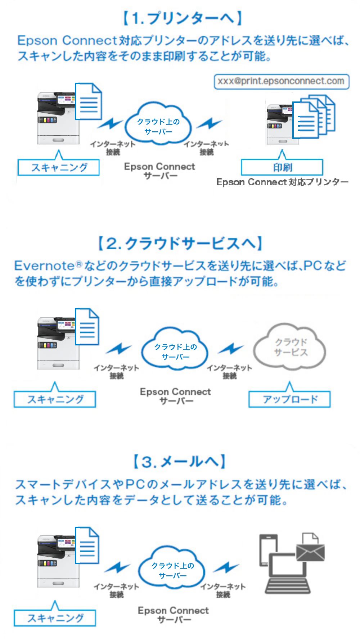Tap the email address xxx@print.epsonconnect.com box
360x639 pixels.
click(281, 81)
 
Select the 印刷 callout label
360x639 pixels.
click(282, 167)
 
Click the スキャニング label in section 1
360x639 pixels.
click(59, 168)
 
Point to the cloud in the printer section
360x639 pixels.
click(158, 124)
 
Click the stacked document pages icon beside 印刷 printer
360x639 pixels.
click(313, 117)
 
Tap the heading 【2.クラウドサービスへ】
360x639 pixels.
click(180, 244)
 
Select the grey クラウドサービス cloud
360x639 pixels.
click(290, 347)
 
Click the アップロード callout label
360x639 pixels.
click(289, 399)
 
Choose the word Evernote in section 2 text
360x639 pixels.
click(44, 266)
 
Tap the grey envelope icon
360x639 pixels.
click(310, 552)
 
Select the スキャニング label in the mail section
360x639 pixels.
click(55, 618)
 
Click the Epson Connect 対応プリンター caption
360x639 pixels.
click(282, 182)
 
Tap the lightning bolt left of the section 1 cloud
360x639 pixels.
click(110, 124)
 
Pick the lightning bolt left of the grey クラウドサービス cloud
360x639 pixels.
click(231, 349)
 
